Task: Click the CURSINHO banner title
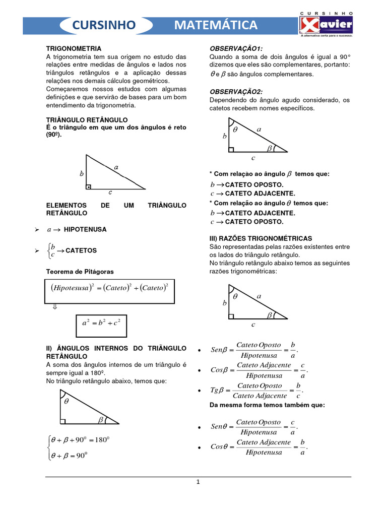(x=105, y=25)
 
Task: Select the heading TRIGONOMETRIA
(x=74, y=48)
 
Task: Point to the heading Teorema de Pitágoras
(x=80, y=272)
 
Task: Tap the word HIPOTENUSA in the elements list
(x=85, y=229)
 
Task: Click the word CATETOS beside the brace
(x=81, y=250)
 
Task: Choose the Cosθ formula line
(x=259, y=447)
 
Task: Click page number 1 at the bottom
(x=198, y=482)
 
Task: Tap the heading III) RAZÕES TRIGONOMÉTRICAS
(x=261, y=238)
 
